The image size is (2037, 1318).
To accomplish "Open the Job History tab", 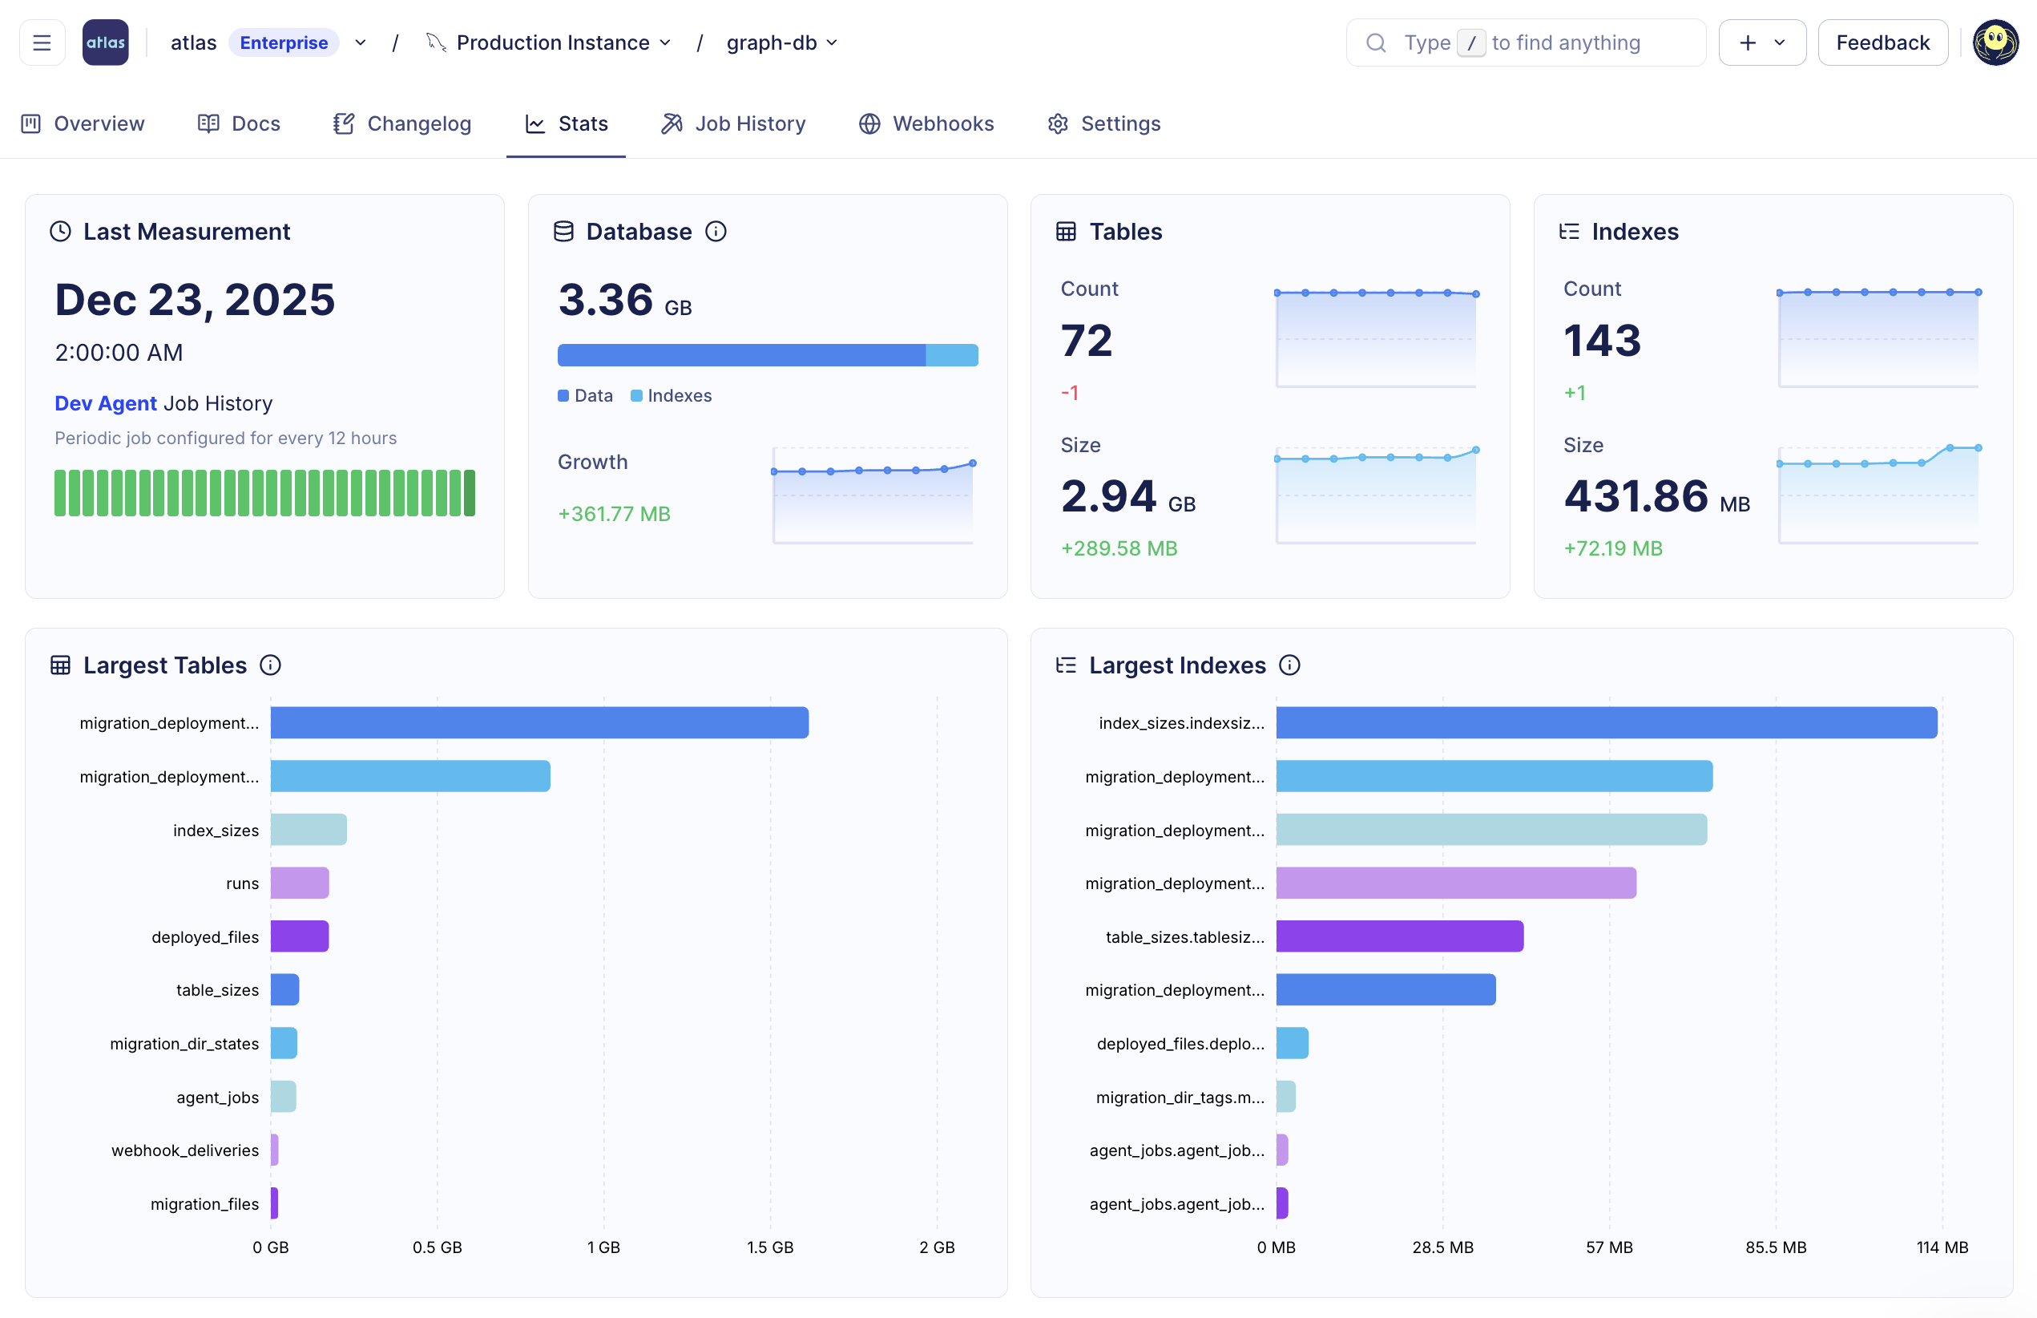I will pyautogui.click(x=733, y=124).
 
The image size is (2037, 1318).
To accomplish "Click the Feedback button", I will pyautogui.click(x=1882, y=42).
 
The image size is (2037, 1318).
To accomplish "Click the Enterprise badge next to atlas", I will pyautogui.click(x=283, y=42).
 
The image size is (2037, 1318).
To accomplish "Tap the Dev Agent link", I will pyautogui.click(x=105, y=403).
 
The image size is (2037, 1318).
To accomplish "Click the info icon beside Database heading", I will pyautogui.click(x=716, y=232).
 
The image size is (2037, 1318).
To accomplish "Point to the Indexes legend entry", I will pyautogui.click(x=672, y=395).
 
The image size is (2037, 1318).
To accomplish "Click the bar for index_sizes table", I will pyautogui.click(x=308, y=829).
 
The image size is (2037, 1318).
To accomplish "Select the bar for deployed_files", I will pyautogui.click(x=300, y=936).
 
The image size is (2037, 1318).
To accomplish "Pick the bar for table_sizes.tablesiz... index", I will pyautogui.click(x=1399, y=936).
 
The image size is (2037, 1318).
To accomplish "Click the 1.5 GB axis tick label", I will pyautogui.click(x=770, y=1247).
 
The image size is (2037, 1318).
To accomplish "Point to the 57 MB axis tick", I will pyautogui.click(x=1608, y=1247).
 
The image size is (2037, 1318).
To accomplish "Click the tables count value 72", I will pyautogui.click(x=1087, y=341).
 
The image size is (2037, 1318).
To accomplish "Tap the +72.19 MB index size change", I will pyautogui.click(x=1612, y=548).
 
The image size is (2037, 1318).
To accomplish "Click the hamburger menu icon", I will pyautogui.click(x=42, y=42).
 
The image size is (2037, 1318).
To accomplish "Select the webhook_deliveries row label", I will pyautogui.click(x=185, y=1150).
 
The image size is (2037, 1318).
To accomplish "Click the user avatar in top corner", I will pyautogui.click(x=1995, y=42).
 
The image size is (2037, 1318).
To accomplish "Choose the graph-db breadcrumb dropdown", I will pyautogui.click(x=781, y=42).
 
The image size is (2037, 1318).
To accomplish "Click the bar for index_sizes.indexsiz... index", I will pyautogui.click(x=1606, y=722).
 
